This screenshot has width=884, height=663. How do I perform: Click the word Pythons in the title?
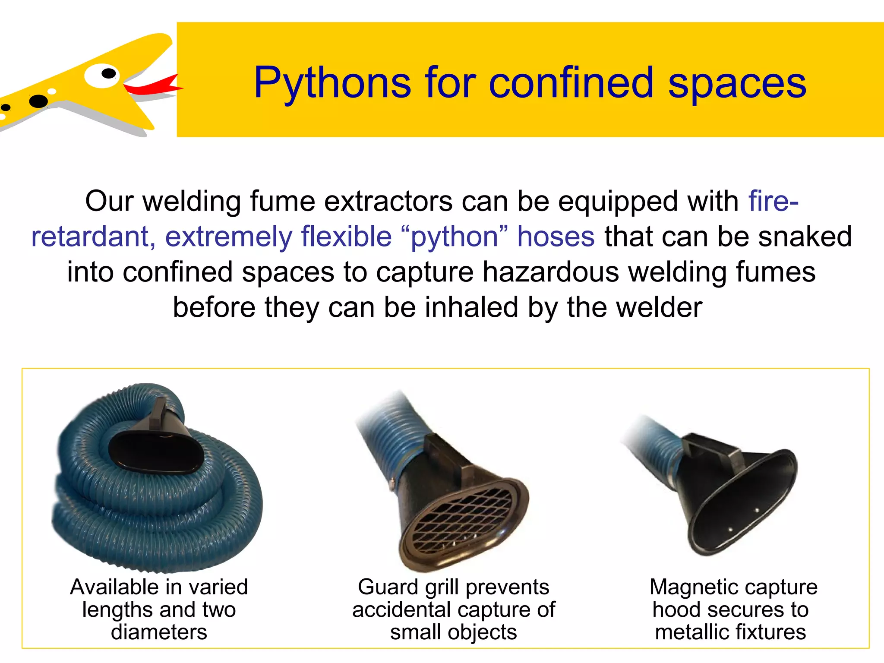(332, 83)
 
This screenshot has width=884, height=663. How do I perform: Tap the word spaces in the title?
(737, 83)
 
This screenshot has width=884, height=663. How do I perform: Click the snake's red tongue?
(155, 86)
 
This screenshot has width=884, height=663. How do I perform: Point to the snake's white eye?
(102, 75)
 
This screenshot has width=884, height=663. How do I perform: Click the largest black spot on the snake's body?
(39, 101)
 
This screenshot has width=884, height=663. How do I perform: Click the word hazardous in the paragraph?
(551, 272)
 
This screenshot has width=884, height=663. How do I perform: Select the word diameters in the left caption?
(159, 632)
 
